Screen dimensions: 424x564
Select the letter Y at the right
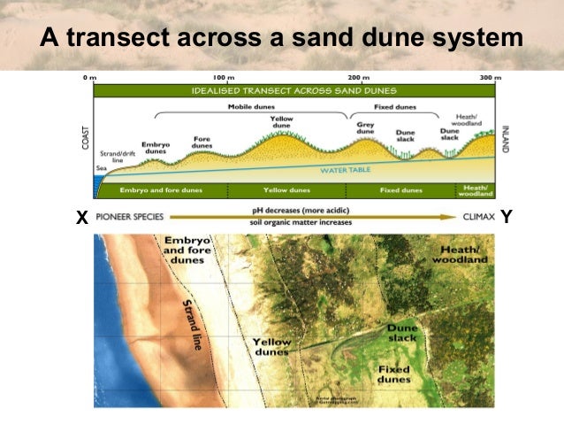(507, 216)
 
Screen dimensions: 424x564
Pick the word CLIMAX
(478, 216)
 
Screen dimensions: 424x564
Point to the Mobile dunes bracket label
(252, 107)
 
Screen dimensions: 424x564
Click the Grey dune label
(366, 128)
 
